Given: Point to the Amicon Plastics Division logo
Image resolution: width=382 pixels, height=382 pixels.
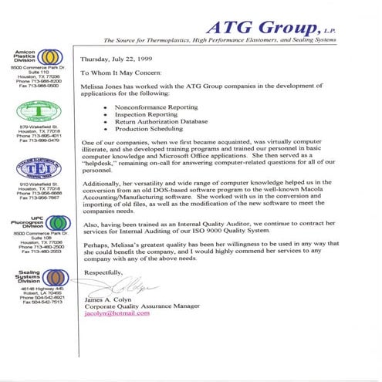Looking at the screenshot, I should [x=49, y=57].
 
